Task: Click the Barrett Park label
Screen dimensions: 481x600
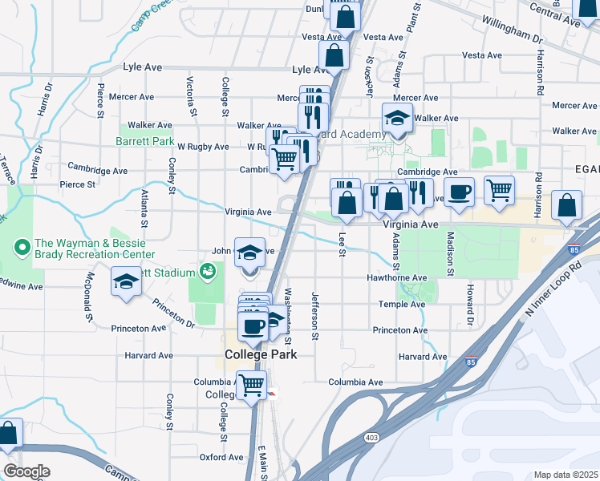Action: pyautogui.click(x=145, y=141)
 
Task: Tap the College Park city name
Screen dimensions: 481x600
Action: pyautogui.click(x=261, y=354)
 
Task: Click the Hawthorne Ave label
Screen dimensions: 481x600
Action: pyautogui.click(x=396, y=277)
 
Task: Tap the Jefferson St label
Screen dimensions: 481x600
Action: pyautogui.click(x=315, y=317)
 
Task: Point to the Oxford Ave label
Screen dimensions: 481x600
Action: pyautogui.click(x=221, y=457)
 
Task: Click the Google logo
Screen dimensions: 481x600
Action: pyautogui.click(x=26, y=471)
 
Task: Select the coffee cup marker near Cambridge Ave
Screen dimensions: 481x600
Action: pyautogui.click(x=459, y=192)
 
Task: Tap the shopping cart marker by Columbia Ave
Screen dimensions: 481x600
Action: pyautogui.click(x=252, y=385)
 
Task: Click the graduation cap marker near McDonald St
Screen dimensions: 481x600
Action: pyautogui.click(x=125, y=281)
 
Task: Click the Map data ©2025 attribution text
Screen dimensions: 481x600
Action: pyautogui.click(x=566, y=475)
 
